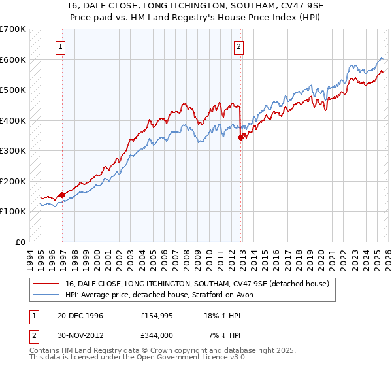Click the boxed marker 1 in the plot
pos(60,46)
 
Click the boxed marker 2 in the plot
pos(238,46)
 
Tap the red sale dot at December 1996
pos(63,195)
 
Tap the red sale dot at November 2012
pos(241,137)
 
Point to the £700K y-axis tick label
pos(13,29)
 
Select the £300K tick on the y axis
pos(13,151)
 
